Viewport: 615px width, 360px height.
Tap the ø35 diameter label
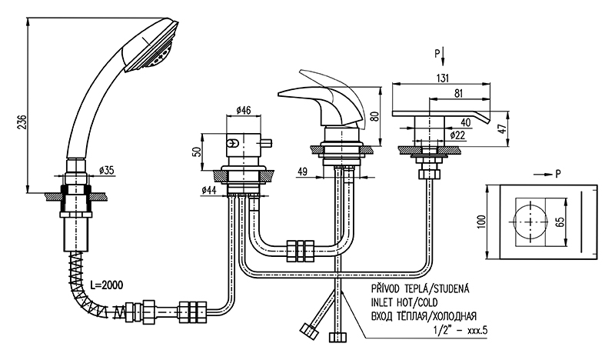pyautogui.click(x=107, y=170)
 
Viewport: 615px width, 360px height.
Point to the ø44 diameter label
pyautogui.click(x=204, y=189)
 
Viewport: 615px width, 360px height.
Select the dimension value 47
pyautogui.click(x=503, y=129)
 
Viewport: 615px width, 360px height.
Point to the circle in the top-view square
pyautogui.click(x=528, y=222)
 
